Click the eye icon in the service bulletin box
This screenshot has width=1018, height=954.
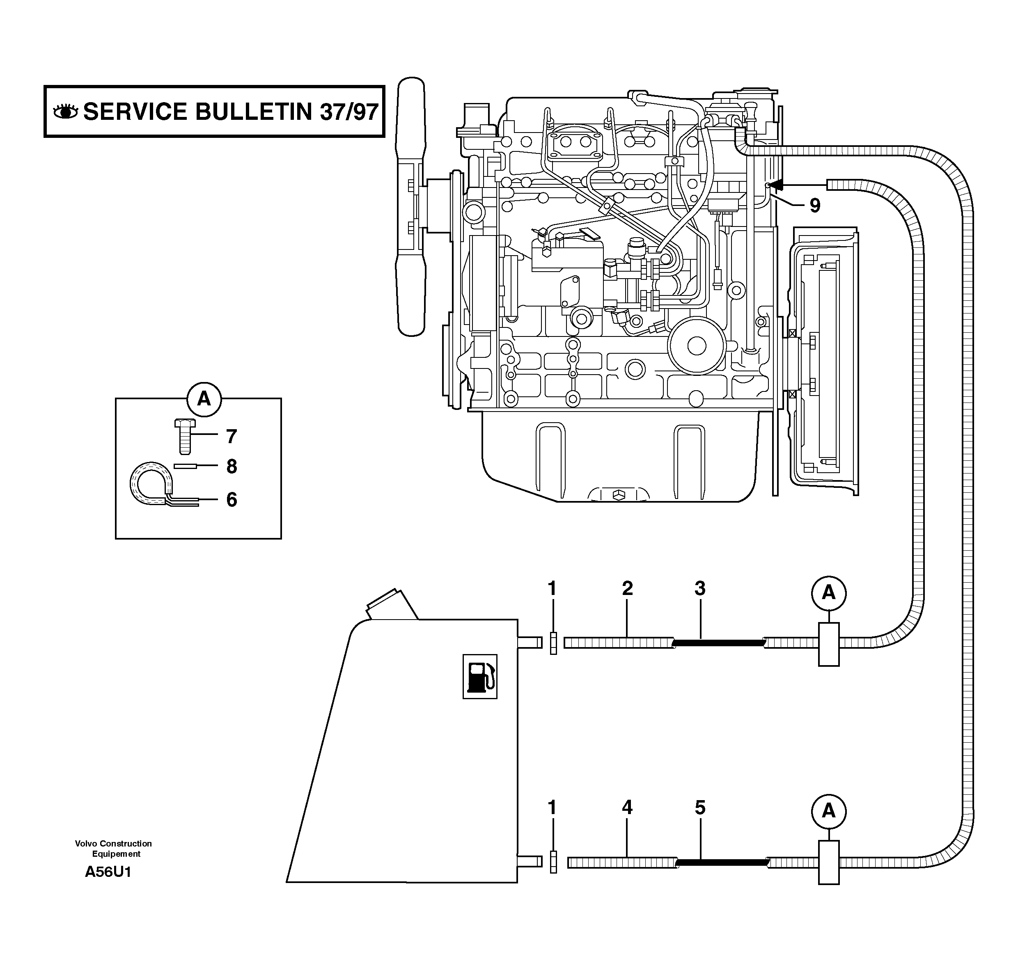click(x=66, y=111)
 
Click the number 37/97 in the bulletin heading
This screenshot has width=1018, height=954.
click(x=349, y=112)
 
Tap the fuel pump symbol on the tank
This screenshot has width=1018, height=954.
click(x=480, y=677)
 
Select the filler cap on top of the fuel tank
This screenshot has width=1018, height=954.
click(x=392, y=605)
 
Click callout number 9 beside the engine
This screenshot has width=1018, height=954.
click(x=815, y=206)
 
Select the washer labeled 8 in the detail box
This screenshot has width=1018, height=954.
click(x=186, y=466)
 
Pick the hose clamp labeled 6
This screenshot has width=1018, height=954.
click(x=151, y=484)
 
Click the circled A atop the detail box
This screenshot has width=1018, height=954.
click(x=204, y=398)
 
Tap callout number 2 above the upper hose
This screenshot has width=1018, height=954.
click(x=627, y=588)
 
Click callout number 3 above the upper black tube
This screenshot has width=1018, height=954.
click(x=700, y=588)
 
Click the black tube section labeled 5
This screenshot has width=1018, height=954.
click(x=722, y=863)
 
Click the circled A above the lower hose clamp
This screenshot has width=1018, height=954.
click(x=828, y=811)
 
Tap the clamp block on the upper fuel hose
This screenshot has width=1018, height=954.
click(x=828, y=644)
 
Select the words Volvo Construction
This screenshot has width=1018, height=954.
click(x=113, y=844)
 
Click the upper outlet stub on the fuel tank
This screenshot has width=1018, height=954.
click(x=530, y=642)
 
